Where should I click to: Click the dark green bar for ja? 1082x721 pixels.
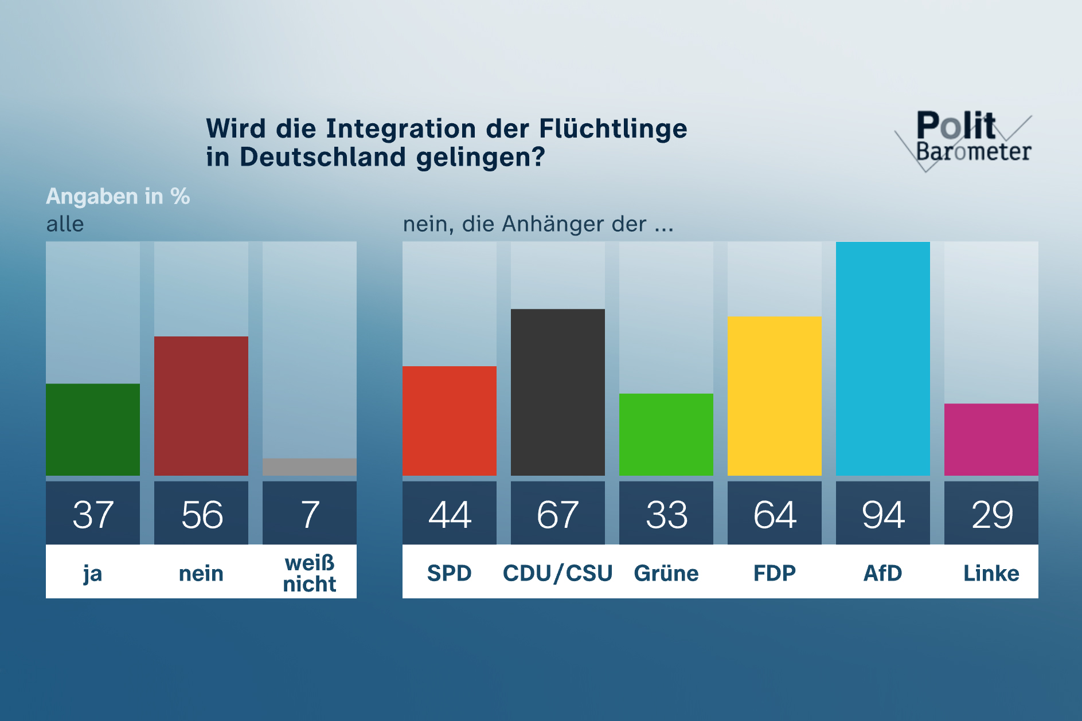point(93,429)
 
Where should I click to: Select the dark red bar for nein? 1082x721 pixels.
point(201,406)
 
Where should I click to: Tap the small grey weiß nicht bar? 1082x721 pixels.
point(310,467)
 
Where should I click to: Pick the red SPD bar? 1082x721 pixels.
point(450,421)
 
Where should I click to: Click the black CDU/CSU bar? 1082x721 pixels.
point(558,392)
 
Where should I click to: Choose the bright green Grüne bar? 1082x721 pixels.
point(666,434)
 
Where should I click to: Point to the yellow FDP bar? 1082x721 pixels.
point(775,395)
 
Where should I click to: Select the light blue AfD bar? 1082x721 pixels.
point(883,358)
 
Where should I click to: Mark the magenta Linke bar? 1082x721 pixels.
point(991,440)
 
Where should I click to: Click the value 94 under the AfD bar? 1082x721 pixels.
point(883,514)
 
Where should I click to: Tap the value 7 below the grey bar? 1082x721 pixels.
point(310,514)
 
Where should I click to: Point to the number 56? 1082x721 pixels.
point(201,514)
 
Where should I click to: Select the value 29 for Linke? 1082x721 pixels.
point(991,514)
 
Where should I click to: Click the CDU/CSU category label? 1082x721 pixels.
point(558,573)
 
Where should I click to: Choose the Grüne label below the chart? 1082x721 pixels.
point(666,573)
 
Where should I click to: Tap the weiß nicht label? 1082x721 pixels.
point(310,573)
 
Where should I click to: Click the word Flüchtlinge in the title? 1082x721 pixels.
point(613,128)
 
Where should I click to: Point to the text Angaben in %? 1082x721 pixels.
point(118,197)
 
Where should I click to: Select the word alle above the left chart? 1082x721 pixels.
point(65,224)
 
